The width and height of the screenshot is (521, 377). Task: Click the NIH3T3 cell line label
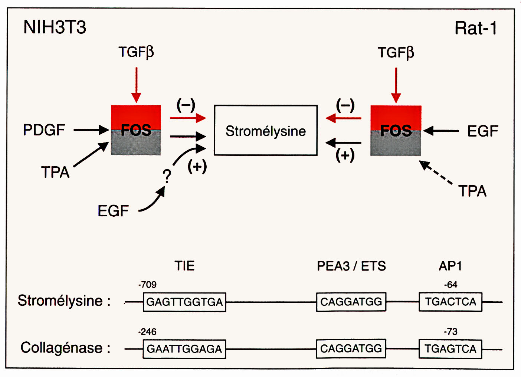[55, 27]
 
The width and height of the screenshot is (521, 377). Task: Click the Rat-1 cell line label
[476, 28]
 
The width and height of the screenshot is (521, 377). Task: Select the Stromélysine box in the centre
[266, 131]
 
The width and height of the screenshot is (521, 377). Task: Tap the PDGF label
[44, 130]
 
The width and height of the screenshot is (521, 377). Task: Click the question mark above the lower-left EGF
[167, 176]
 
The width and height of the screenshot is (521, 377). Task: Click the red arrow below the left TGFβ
[136, 85]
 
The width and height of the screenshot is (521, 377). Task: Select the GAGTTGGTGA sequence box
[184, 302]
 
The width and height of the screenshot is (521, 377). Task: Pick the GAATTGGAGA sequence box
[184, 349]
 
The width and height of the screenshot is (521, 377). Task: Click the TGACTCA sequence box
[450, 302]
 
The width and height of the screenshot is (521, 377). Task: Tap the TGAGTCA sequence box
[450, 349]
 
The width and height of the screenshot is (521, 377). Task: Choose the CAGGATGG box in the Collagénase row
[351, 348]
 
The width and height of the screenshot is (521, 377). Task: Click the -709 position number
[147, 285]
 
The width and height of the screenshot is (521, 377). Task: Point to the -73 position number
[450, 331]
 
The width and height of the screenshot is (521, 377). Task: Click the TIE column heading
[184, 266]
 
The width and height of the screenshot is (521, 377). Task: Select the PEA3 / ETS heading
[351, 266]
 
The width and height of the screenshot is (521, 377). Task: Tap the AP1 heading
[450, 266]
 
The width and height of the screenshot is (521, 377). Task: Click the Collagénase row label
[65, 348]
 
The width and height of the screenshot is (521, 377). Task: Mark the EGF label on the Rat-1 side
[482, 131]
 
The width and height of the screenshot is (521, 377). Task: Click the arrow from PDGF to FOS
[91, 130]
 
